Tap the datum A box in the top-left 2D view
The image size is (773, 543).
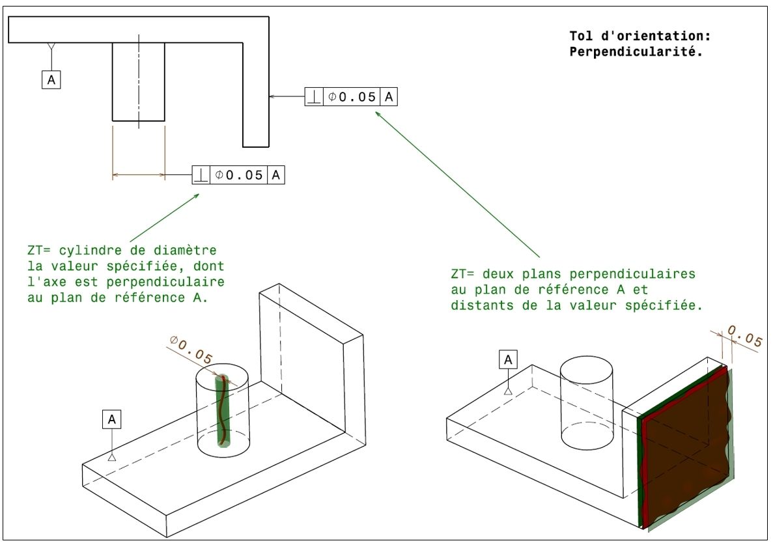click(51, 79)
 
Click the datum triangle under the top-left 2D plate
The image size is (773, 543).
click(51, 47)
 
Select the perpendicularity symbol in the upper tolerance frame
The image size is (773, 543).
click(314, 97)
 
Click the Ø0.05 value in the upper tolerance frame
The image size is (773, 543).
click(352, 97)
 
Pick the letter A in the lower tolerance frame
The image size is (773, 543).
click(276, 175)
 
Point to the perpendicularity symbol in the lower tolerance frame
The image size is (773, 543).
click(201, 175)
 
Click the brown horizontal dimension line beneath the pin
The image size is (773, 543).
click(138, 174)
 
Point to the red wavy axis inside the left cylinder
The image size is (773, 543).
click(222, 410)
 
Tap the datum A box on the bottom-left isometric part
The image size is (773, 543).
click(111, 421)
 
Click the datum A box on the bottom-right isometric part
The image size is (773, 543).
click(508, 359)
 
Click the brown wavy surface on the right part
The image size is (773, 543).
click(687, 449)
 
